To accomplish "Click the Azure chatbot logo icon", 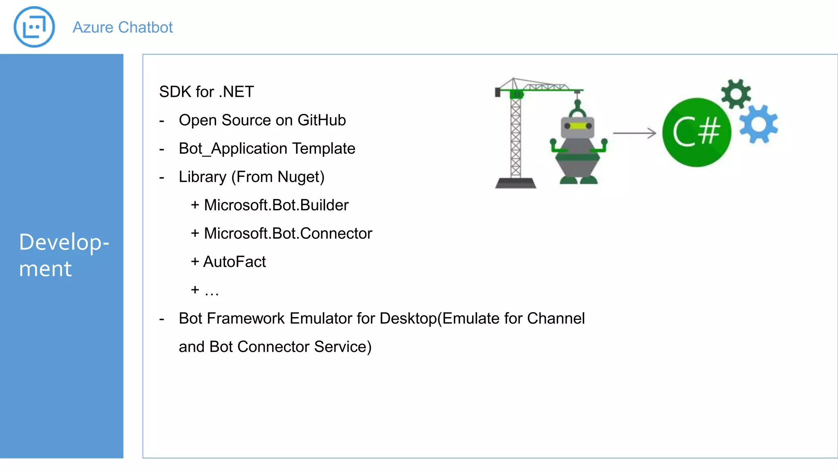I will [x=34, y=27].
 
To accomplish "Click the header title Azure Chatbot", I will [x=122, y=27].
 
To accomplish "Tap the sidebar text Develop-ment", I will [x=63, y=255].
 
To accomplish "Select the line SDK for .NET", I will [x=206, y=92].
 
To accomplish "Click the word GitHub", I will [x=322, y=120].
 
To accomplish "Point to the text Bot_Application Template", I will [x=267, y=149].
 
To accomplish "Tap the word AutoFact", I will [x=234, y=262].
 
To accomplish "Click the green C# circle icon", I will [x=696, y=132].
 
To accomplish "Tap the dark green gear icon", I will [x=736, y=94].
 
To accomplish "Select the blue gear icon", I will [x=758, y=124].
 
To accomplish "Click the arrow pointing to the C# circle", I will [x=634, y=133].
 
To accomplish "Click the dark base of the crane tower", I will [x=516, y=183].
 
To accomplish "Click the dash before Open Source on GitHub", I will [x=162, y=121].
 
